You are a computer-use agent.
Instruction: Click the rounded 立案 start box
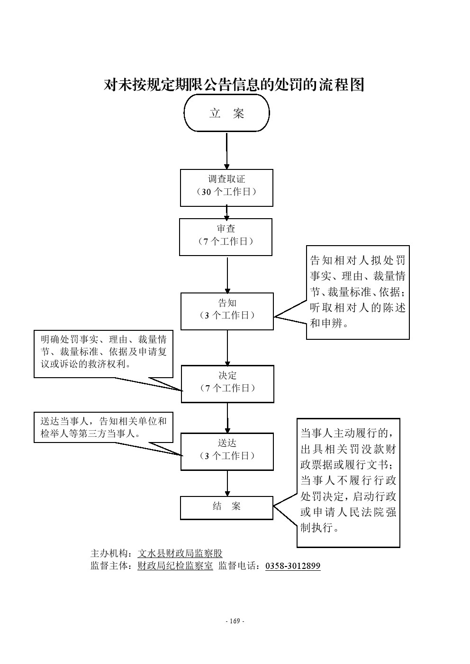click(x=226, y=113)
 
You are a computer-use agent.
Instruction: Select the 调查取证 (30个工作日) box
click(x=226, y=187)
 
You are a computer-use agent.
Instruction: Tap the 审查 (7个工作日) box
click(x=226, y=237)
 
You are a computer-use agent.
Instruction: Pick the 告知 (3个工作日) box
click(x=227, y=311)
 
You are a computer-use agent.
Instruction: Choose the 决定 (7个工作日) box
click(x=227, y=383)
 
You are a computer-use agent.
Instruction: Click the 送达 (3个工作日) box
click(x=227, y=452)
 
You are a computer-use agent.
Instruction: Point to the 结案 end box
click(x=226, y=507)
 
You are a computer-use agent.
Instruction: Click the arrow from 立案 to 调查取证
click(x=226, y=151)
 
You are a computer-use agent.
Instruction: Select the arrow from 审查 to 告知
click(x=227, y=274)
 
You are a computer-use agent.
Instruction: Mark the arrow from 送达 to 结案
click(x=227, y=483)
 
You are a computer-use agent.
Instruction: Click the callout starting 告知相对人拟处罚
click(x=358, y=292)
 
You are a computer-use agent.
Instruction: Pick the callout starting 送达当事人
click(x=103, y=427)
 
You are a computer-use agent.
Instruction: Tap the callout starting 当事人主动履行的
click(x=348, y=482)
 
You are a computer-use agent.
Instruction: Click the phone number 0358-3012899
click(x=293, y=566)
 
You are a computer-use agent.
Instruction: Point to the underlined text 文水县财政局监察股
click(x=180, y=553)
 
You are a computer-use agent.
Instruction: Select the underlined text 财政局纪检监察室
click(x=175, y=566)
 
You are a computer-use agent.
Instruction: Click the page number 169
click(x=235, y=621)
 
